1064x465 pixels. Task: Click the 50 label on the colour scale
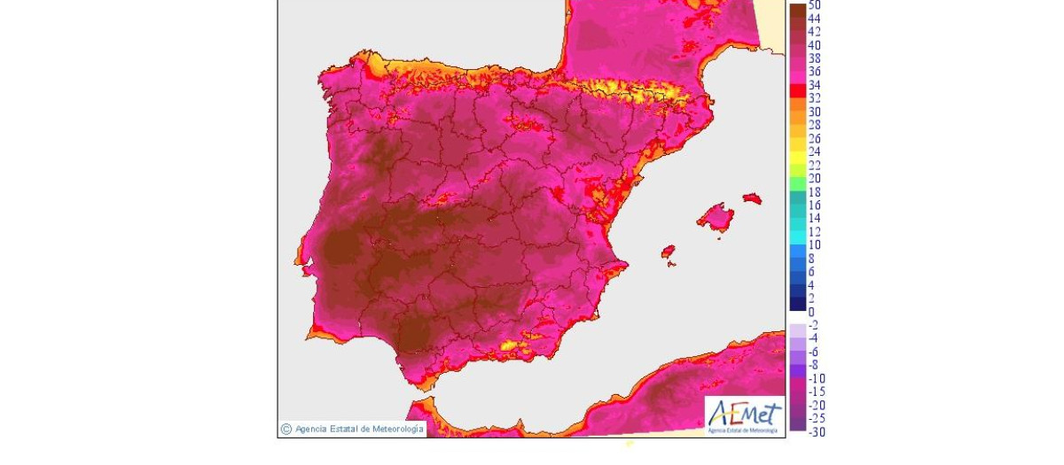point(815,5)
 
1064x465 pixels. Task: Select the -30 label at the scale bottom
point(816,432)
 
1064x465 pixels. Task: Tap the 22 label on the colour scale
point(815,166)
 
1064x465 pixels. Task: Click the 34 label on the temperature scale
point(815,85)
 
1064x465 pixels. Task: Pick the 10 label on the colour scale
point(815,245)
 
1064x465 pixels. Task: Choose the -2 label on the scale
point(814,325)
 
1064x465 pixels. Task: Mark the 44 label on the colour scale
point(815,19)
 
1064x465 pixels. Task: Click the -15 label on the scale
point(816,391)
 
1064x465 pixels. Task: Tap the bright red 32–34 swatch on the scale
point(797,91)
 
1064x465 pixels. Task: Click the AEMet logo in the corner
point(744,415)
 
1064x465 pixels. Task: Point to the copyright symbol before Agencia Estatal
point(286,430)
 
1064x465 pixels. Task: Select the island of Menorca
point(753,198)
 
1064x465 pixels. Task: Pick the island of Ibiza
point(669,252)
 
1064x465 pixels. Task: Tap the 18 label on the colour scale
point(815,192)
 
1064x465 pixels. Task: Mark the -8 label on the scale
point(814,365)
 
